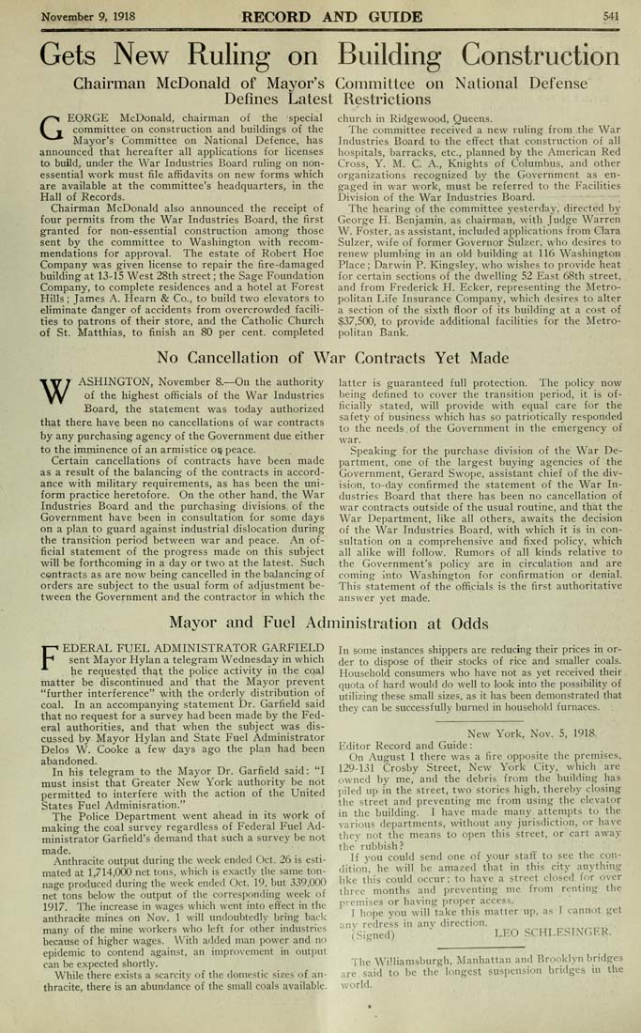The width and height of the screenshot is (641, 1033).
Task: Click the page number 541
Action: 611,15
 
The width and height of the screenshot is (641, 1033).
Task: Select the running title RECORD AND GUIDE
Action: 319,15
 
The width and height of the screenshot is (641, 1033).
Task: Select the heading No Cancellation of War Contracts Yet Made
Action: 320,357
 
